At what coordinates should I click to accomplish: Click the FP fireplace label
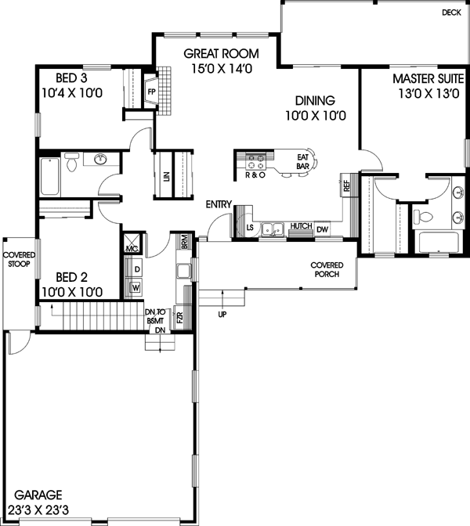(151, 91)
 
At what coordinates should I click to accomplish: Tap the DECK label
(451, 13)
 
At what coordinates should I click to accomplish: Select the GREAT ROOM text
(215, 54)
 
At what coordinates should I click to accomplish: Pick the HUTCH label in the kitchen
(300, 227)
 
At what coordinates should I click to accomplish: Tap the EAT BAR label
(303, 162)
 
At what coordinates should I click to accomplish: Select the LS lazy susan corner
(250, 228)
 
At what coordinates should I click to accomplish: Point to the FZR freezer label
(179, 318)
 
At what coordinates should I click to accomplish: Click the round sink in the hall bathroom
(100, 160)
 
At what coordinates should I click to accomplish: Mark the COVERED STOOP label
(17, 260)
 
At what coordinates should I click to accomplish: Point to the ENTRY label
(219, 204)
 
